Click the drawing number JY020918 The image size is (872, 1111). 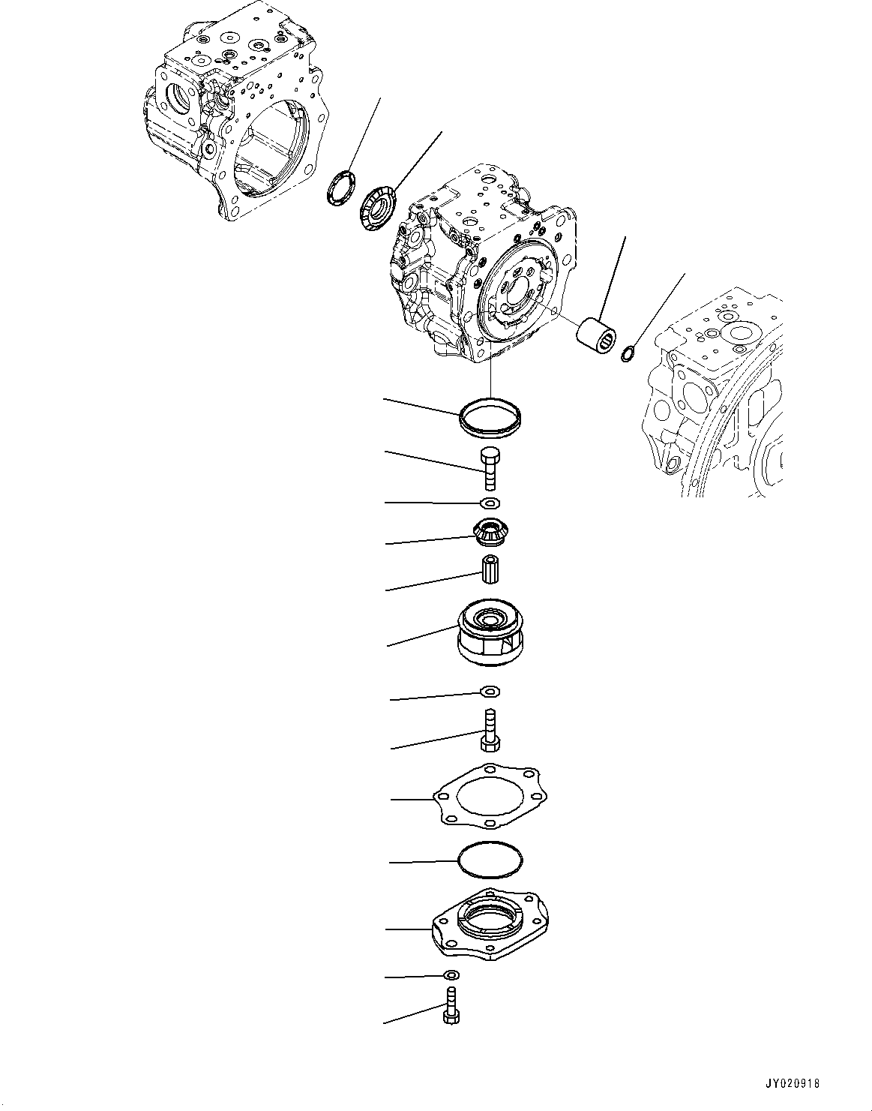[x=793, y=1084]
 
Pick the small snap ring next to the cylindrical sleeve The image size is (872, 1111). [x=629, y=352]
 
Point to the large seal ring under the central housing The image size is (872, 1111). [x=490, y=417]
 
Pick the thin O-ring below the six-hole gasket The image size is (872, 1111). [x=490, y=860]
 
